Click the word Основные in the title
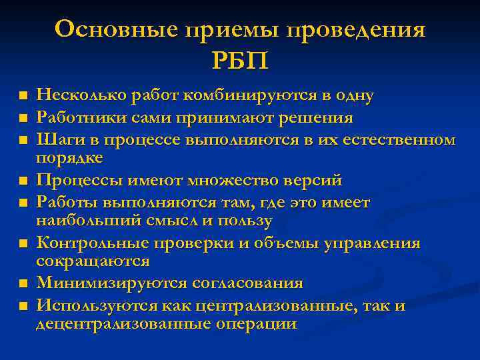tap(117, 31)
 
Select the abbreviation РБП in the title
tap(240, 62)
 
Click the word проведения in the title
tap(356, 31)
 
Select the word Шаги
tap(55, 140)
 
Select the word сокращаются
tap(93, 261)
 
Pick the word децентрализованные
tap(123, 324)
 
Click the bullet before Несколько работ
tap(23, 97)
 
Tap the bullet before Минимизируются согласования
tap(23, 284)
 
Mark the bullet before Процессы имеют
tap(23, 181)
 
